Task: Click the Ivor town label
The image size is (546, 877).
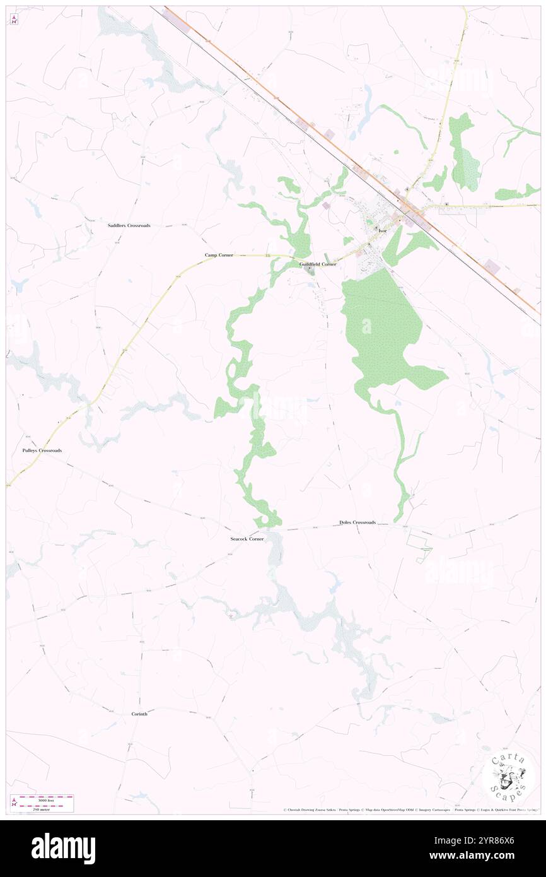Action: point(382,232)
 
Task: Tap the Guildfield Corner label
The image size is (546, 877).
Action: point(318,264)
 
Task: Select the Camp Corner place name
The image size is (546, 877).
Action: point(219,255)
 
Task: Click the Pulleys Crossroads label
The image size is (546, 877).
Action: point(42,450)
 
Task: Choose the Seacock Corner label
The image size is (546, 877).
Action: point(247,539)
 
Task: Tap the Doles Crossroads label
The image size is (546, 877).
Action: point(357,522)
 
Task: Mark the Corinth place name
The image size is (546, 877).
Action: point(139,714)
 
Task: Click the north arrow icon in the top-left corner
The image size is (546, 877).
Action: point(15,19)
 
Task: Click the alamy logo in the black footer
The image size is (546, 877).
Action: point(63,849)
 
